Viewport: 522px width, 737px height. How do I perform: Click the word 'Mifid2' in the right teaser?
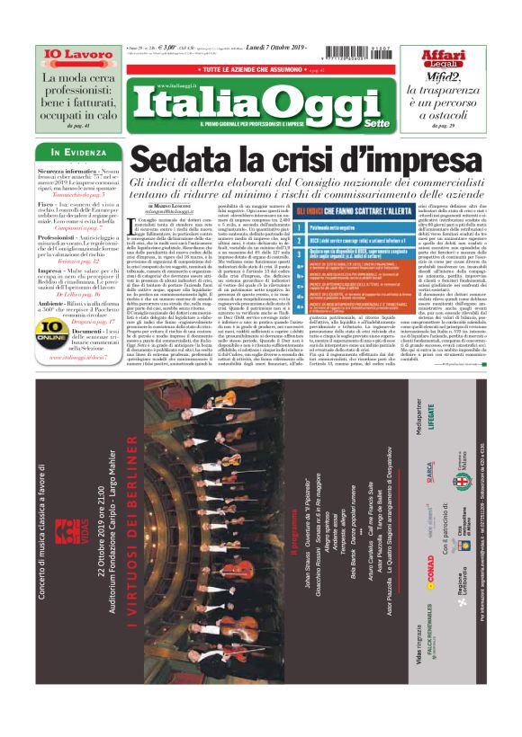[x=440, y=80]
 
